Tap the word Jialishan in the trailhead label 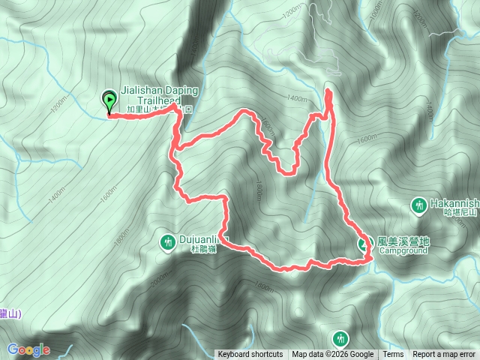tap(138, 89)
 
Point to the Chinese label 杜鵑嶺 tap(203, 249)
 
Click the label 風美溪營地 tap(403, 241)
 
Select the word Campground tap(403, 250)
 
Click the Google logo tap(28, 349)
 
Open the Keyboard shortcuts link tap(250, 355)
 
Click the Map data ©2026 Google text tap(333, 355)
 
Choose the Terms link tap(393, 355)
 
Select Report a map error tap(445, 355)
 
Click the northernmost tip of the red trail tap(328, 91)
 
